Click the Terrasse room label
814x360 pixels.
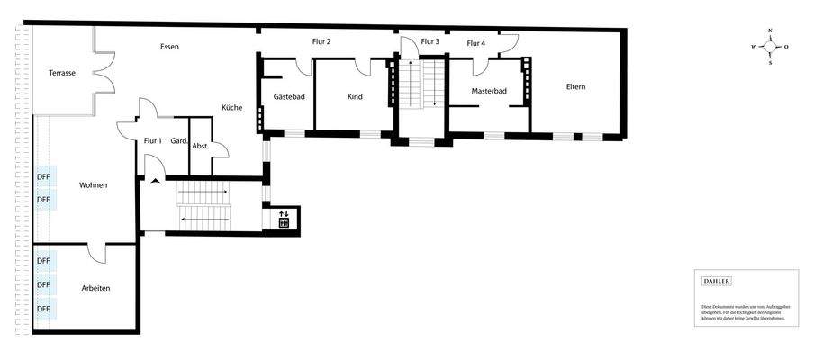click(61, 73)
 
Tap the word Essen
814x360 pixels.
click(169, 46)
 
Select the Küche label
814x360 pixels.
click(231, 108)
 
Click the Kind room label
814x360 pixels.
click(354, 96)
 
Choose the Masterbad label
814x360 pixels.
click(489, 91)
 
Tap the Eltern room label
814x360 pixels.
click(575, 86)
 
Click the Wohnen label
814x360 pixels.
click(93, 185)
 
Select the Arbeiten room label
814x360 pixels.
click(95, 287)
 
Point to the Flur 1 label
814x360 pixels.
click(152, 140)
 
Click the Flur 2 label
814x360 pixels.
click(321, 41)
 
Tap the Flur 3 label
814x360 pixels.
click(430, 41)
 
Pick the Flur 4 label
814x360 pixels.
click(475, 43)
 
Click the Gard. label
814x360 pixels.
click(178, 140)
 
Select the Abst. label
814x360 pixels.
click(200, 146)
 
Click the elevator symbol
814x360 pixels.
click(284, 219)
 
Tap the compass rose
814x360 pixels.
click(770, 47)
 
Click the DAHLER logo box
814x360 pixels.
click(716, 281)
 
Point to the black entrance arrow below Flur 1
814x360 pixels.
click(156, 181)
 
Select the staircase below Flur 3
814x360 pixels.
click(421, 84)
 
